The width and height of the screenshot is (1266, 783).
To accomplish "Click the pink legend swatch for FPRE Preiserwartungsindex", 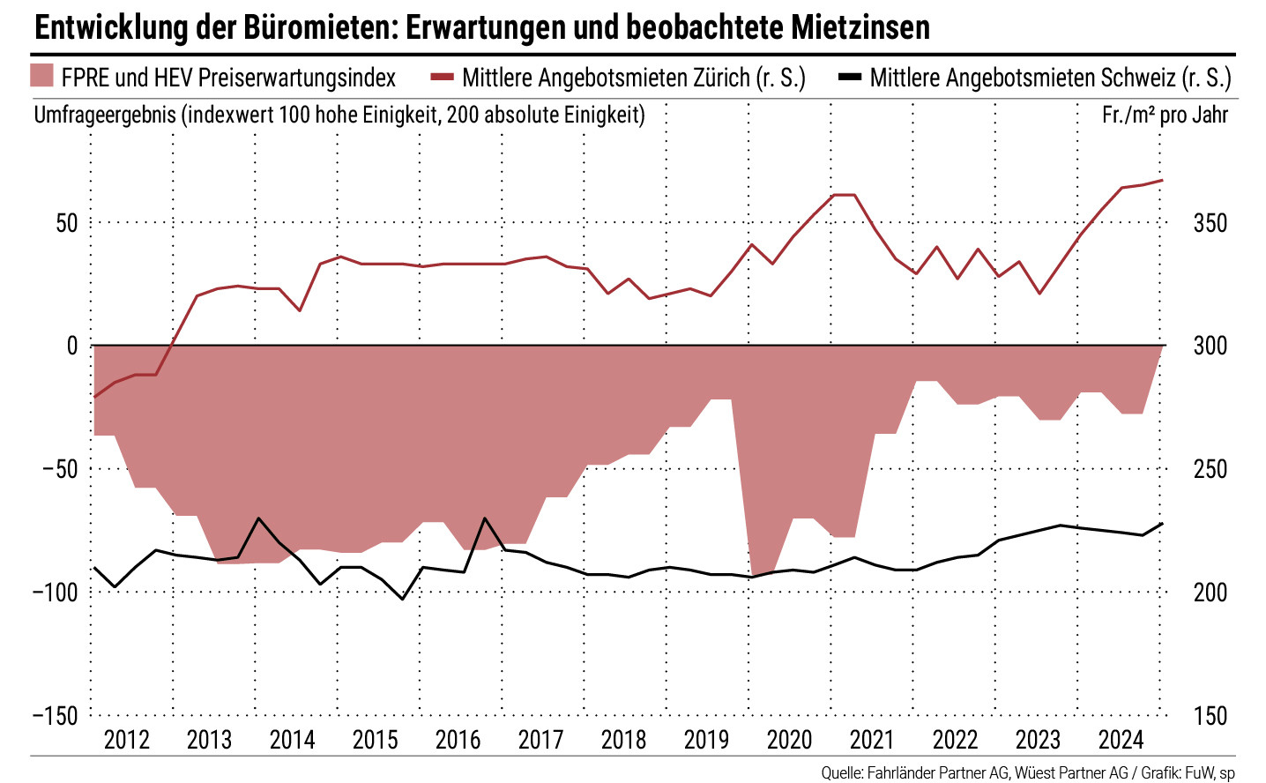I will point(42,77).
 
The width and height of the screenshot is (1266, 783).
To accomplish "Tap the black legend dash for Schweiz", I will point(849,78).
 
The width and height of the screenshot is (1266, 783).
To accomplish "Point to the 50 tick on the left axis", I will point(67,223).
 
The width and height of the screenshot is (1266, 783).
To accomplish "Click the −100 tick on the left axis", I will point(56,593).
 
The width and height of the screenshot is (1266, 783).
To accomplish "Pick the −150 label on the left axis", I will point(56,716).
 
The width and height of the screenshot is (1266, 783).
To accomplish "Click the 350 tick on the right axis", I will point(1210,223).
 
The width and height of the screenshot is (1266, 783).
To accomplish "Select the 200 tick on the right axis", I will point(1210,593).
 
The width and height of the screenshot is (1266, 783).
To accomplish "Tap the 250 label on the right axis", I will point(1210,469).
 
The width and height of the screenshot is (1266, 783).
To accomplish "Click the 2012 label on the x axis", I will point(127,740).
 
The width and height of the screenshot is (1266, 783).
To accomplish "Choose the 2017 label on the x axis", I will point(540,740).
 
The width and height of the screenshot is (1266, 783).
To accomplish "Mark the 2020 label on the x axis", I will point(789,740).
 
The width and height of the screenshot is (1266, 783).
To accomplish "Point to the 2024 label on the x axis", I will point(1121,740).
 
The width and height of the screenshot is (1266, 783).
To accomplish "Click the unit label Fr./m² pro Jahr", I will point(1165,115).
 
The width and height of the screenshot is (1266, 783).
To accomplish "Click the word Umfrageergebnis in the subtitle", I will point(105,115).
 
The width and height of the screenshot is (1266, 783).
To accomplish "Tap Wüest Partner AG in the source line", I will point(1070,773).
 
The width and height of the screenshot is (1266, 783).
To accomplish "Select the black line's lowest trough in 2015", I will point(402,600).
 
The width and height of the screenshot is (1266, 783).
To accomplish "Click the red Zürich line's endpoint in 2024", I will point(1163,181).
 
